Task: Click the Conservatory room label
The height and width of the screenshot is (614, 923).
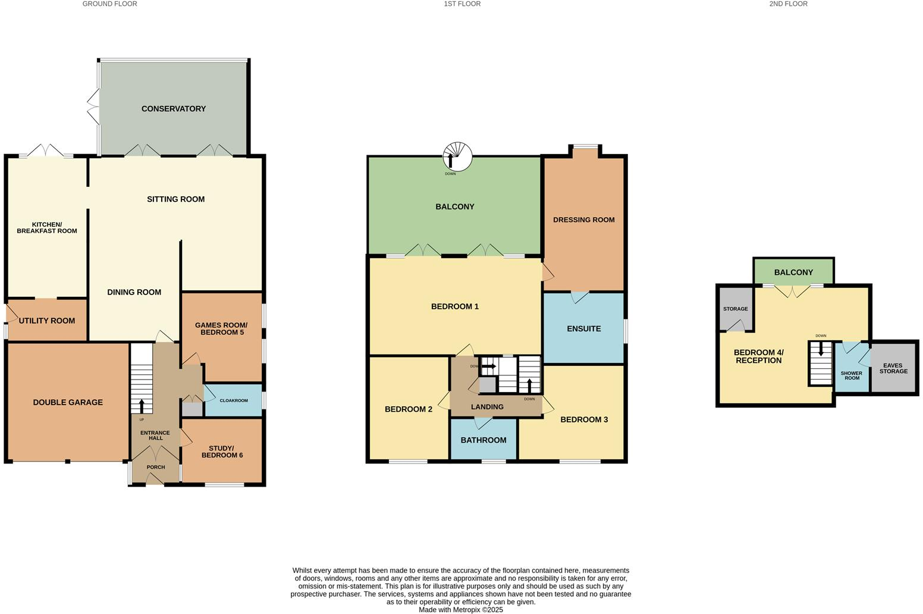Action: [x=174, y=109]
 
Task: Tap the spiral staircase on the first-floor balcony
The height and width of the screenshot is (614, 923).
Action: [x=457, y=156]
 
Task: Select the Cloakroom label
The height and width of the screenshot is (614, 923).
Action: [x=234, y=400]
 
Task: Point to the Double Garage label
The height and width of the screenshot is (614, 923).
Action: [x=68, y=402]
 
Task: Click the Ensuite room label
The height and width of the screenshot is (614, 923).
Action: [x=584, y=328]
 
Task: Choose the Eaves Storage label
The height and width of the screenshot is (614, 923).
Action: [x=893, y=368]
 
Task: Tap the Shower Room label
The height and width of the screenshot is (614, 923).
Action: [x=851, y=375]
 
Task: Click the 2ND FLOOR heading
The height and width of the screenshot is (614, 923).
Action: [x=788, y=4]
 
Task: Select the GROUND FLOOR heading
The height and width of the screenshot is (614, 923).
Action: [x=109, y=4]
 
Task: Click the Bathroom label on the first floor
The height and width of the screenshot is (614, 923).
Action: [x=484, y=440]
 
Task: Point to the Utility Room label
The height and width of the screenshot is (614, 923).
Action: [x=46, y=321]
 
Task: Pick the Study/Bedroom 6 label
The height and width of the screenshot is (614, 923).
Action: [x=222, y=452]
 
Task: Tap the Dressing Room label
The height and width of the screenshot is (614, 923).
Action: [x=584, y=220]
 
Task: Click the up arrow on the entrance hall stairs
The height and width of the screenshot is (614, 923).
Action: [x=142, y=406]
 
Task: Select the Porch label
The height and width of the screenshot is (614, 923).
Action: [x=156, y=467]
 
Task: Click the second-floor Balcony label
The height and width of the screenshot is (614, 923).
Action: [x=793, y=272]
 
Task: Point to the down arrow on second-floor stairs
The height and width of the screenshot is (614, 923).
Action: [x=821, y=350]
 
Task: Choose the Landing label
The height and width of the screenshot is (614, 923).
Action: [x=487, y=407]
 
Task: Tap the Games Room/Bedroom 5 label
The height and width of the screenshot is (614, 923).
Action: [x=221, y=328]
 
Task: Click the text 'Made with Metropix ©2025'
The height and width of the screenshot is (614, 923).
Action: [x=461, y=609]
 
